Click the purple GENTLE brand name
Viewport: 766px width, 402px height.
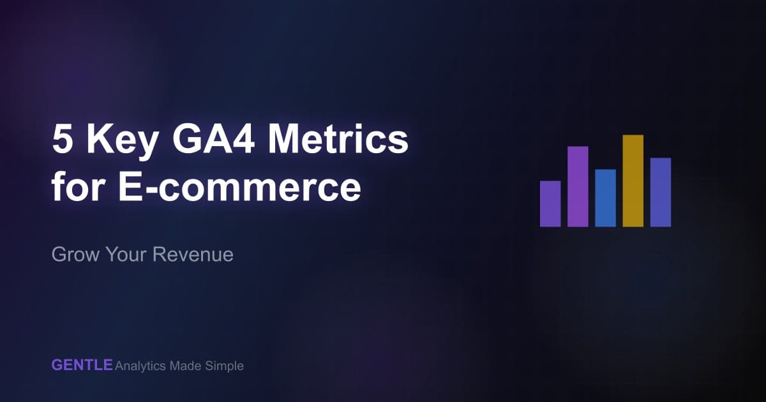[x=82, y=366]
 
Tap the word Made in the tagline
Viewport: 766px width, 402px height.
[x=185, y=366]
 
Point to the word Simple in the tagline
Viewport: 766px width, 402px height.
[x=225, y=366]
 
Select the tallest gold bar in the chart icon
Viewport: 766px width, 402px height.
[x=633, y=181]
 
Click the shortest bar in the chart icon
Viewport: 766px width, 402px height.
[x=550, y=204]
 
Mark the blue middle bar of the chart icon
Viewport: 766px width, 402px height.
[x=605, y=198]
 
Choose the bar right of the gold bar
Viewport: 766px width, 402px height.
[x=661, y=192]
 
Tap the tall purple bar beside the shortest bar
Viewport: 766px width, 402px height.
[x=578, y=186]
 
